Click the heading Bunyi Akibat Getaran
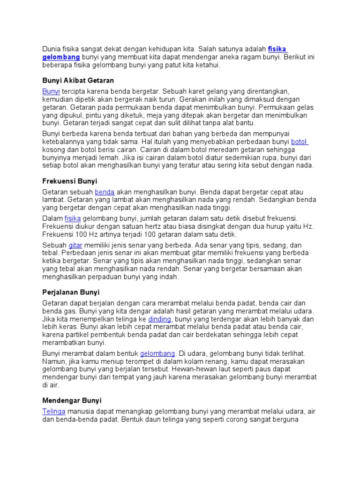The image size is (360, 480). click(78, 81)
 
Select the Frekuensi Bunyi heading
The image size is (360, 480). click(69, 180)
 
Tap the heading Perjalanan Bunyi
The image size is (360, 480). click(70, 292)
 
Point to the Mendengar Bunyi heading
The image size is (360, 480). click(72, 400)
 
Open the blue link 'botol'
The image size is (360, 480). click(299, 142)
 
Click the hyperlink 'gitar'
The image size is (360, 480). click(75, 245)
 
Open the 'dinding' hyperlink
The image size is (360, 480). click(159, 319)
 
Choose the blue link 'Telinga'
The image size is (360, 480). click(54, 412)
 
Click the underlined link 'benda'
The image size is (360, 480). click(105, 192)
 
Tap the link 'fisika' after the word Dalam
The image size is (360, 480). click(73, 218)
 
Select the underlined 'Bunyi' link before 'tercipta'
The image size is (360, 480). click(51, 91)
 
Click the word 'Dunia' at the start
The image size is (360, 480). click(52, 48)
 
